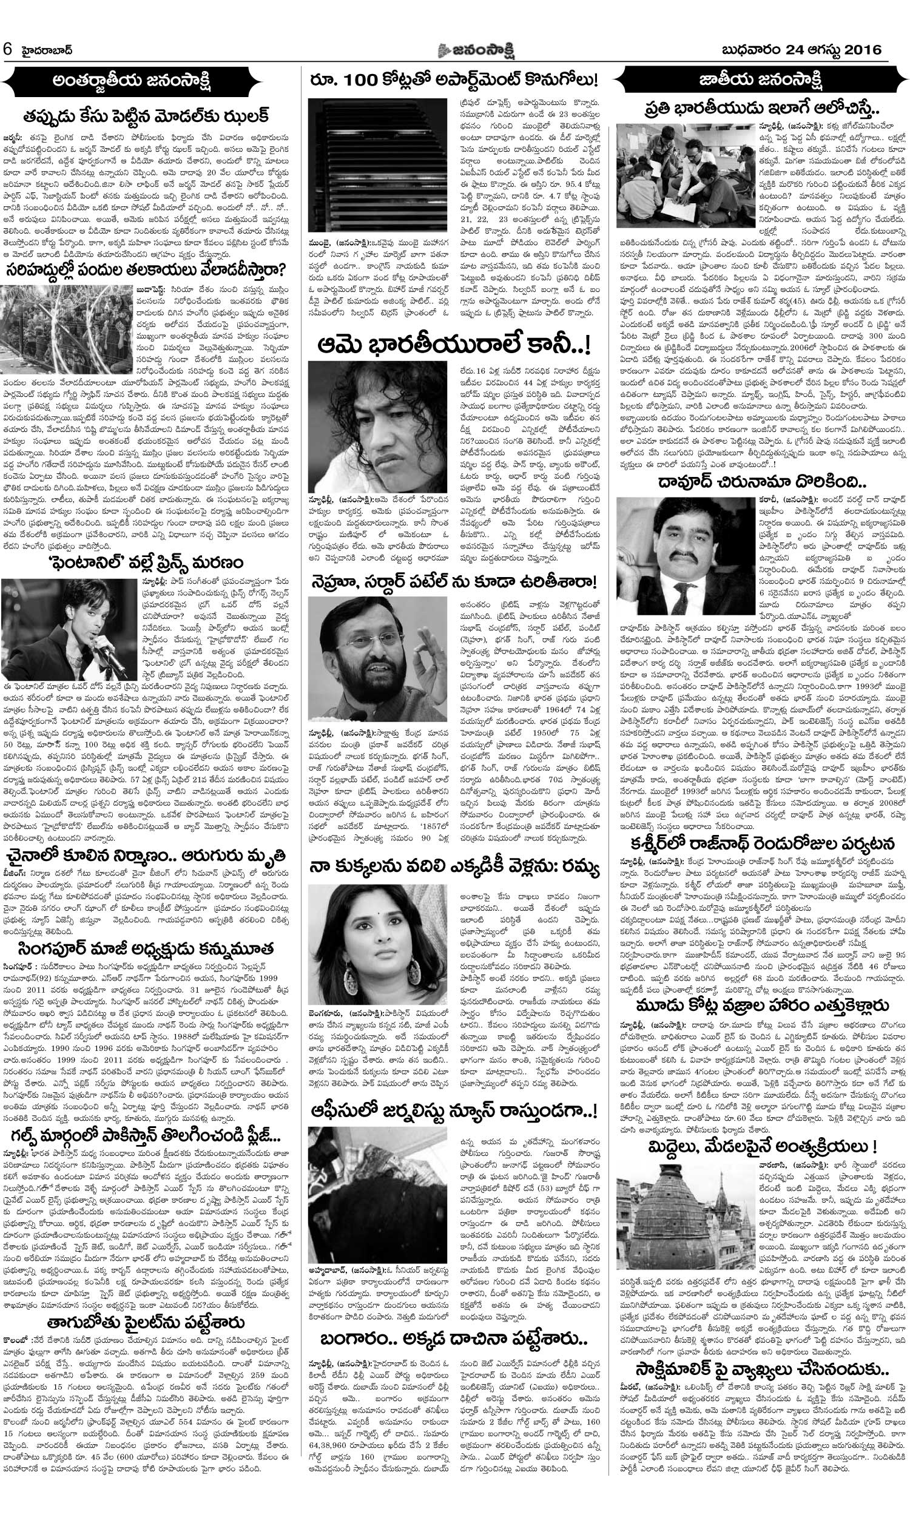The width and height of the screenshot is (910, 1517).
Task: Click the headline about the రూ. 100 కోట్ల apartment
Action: (x=454, y=80)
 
